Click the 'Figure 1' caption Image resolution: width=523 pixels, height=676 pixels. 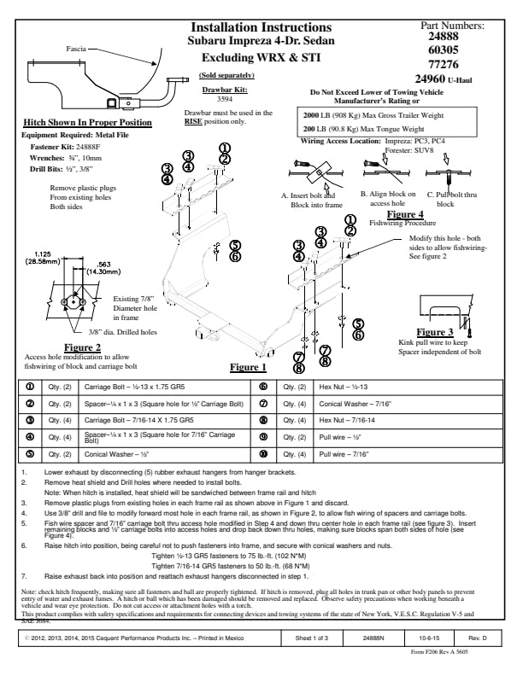[x=249, y=368]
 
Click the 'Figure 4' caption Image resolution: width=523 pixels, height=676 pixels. [x=406, y=214]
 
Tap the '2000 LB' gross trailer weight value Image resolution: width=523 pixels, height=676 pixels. [x=319, y=113]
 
